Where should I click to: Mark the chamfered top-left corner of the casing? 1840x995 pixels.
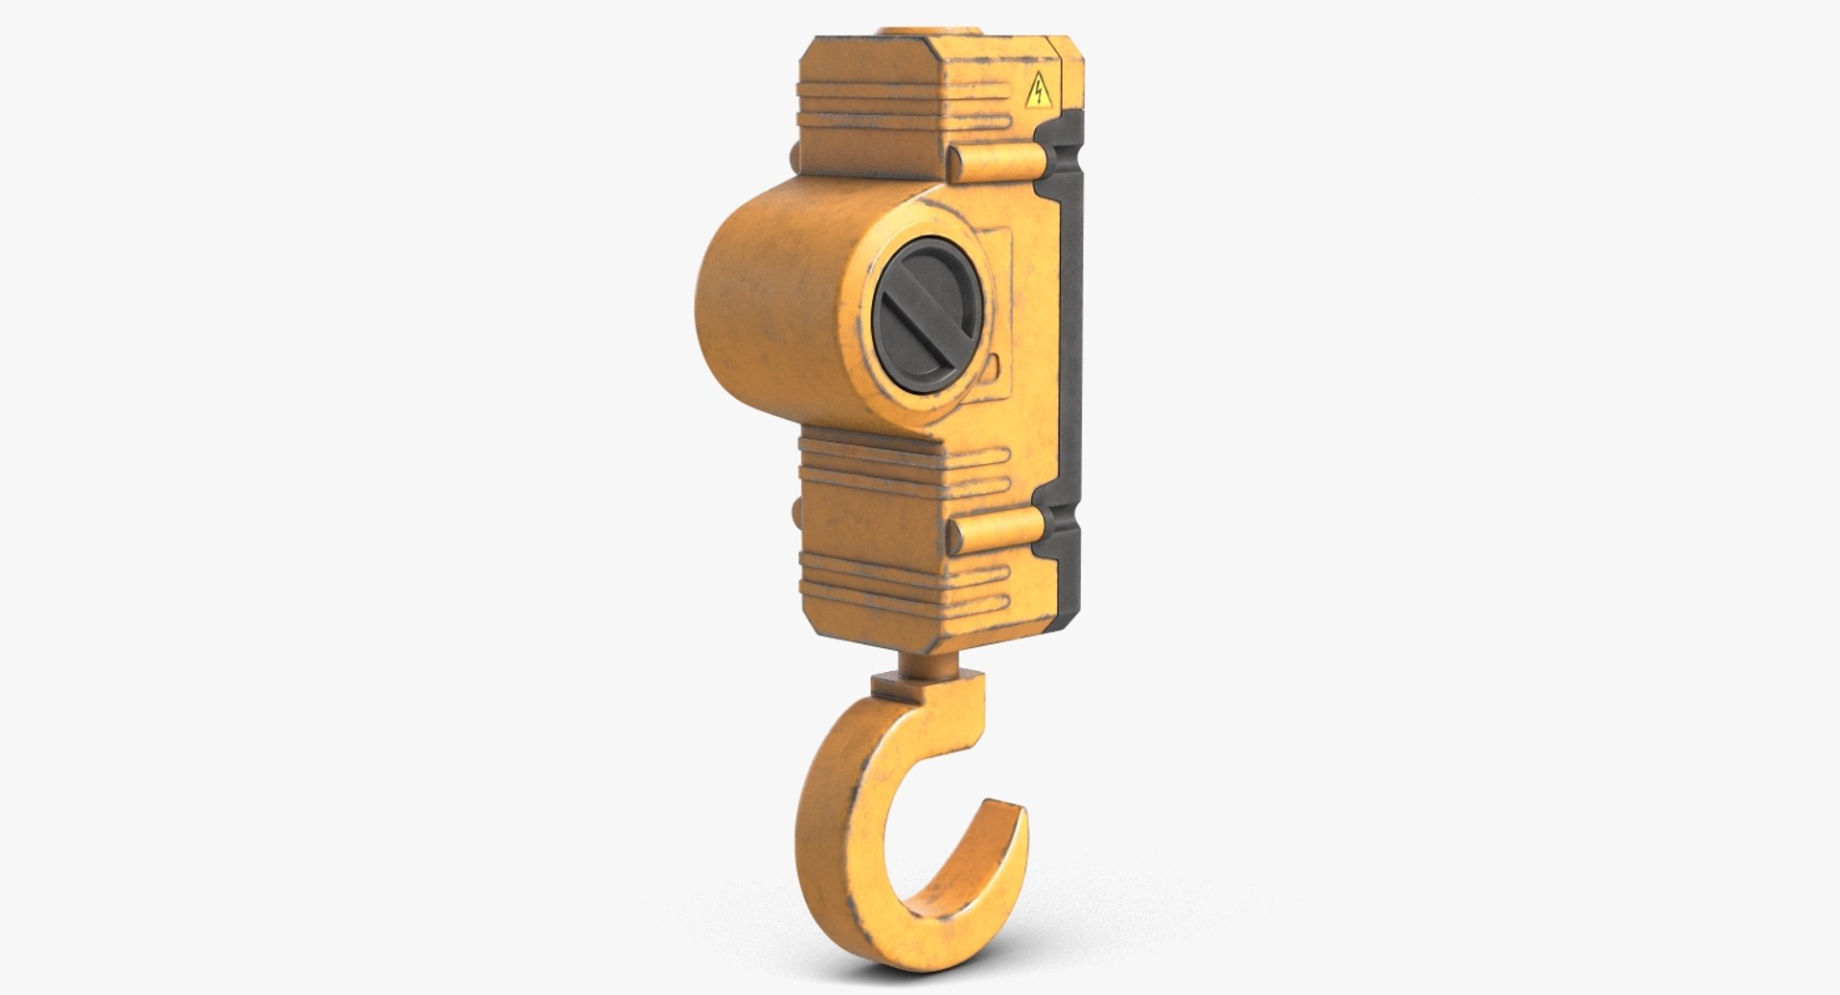click(x=810, y=50)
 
